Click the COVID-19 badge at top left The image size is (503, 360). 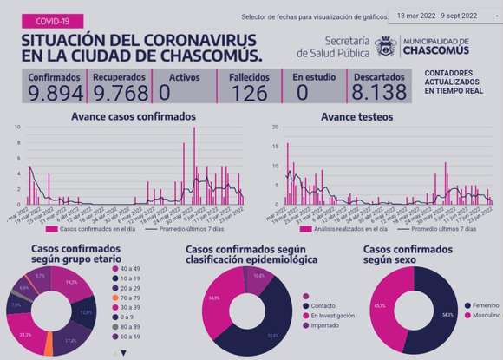[50, 19]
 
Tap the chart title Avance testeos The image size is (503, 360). [356, 116]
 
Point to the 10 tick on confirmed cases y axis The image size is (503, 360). [17, 128]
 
